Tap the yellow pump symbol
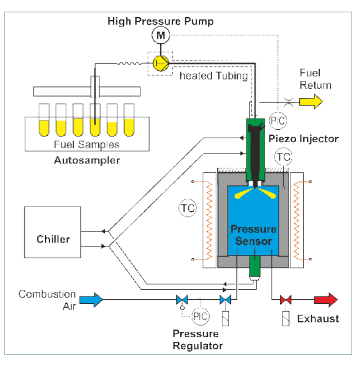tap(161, 63)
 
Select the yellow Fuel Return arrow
tap(311, 102)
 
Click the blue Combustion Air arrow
tap(91, 300)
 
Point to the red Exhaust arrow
tap(326, 300)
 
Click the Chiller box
tap(53, 232)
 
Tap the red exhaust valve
tap(285, 300)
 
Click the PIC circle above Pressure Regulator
tap(200, 317)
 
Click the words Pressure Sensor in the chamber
tap(254, 235)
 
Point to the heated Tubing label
tap(214, 76)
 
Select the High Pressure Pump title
tap(161, 21)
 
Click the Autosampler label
tap(87, 161)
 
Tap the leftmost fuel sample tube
tap(44, 120)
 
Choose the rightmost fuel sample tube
tap(129, 120)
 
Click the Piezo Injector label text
tap(303, 139)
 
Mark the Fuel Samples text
tap(86, 144)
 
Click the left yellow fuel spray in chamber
tap(244, 194)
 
